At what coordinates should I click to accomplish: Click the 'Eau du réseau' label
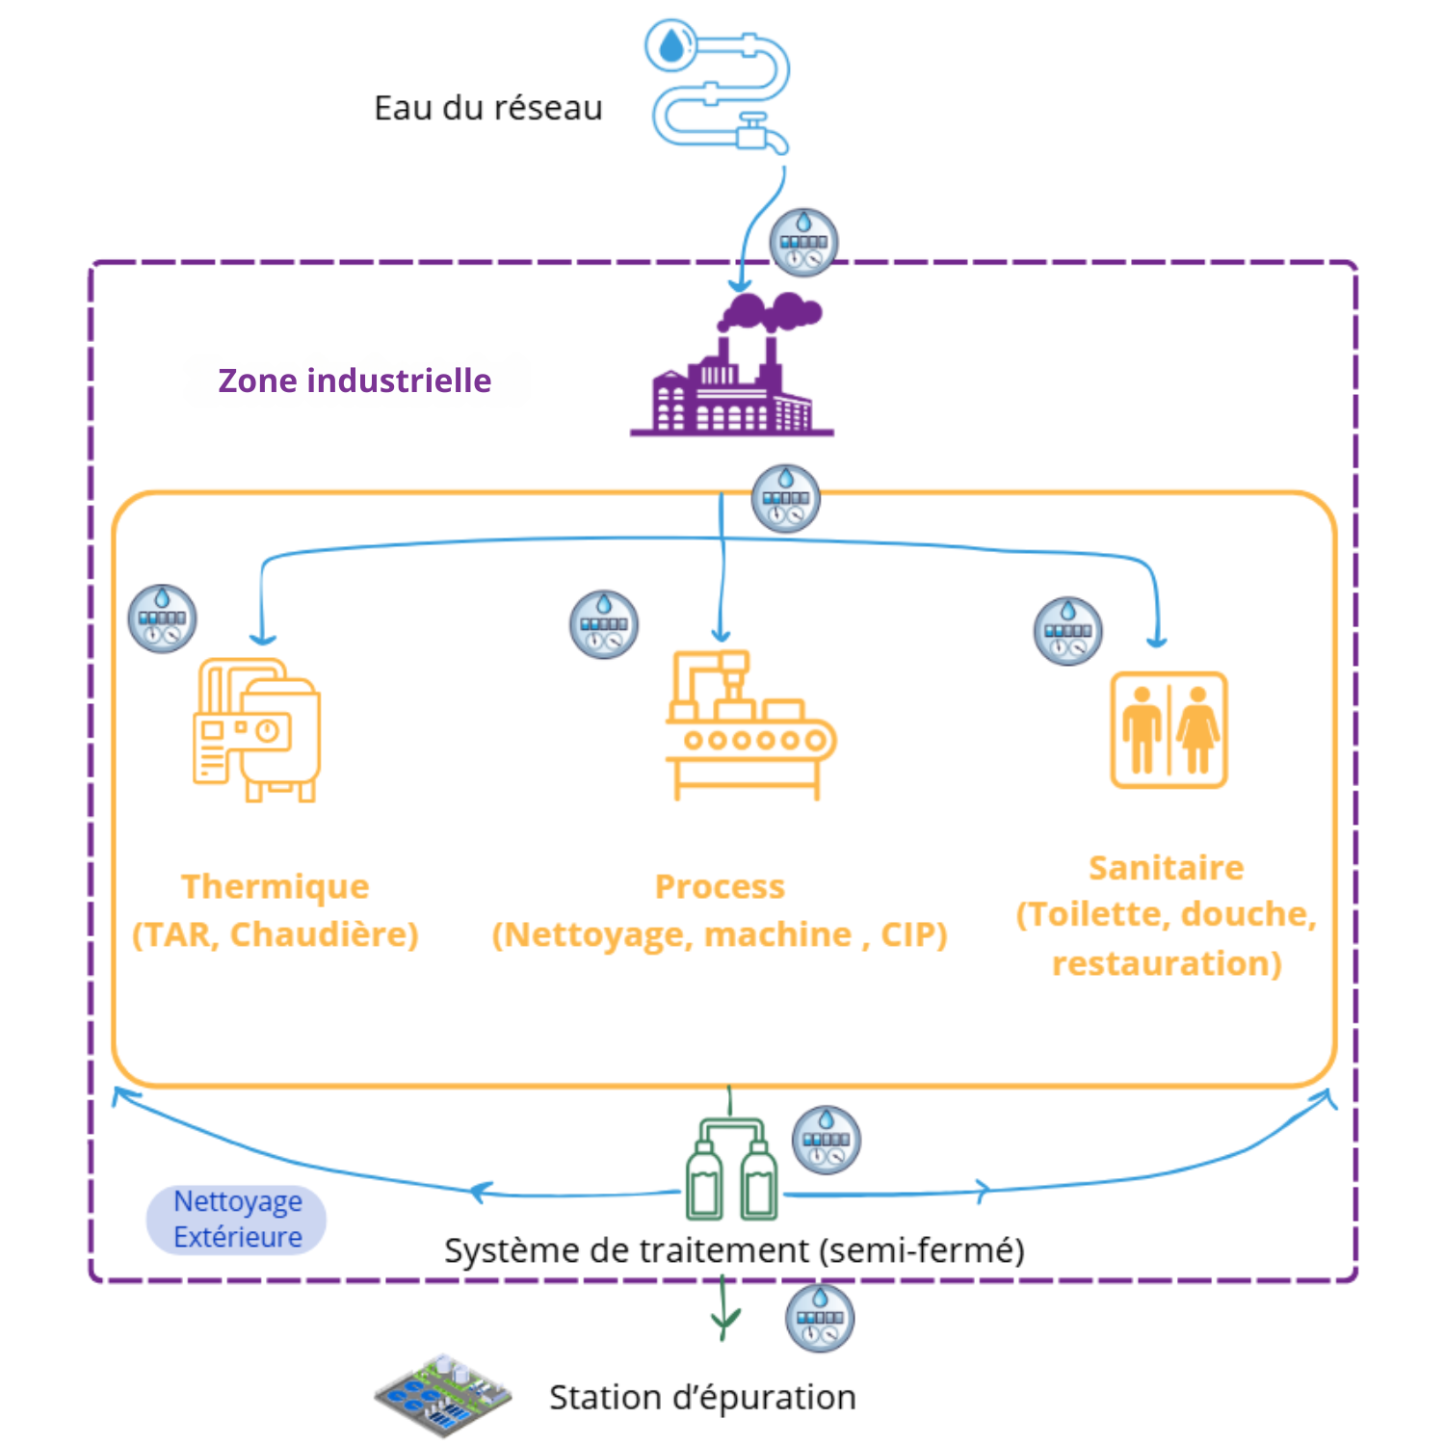click(487, 108)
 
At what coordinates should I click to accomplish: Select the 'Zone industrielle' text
click(355, 381)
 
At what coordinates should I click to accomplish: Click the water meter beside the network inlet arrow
click(803, 242)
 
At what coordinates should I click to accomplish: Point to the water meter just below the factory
click(786, 499)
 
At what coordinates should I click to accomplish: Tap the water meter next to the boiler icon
click(163, 618)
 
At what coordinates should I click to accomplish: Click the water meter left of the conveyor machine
click(604, 624)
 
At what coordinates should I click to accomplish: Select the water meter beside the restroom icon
click(1067, 631)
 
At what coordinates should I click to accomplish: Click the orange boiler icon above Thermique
click(257, 730)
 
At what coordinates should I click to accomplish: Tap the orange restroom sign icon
click(1169, 730)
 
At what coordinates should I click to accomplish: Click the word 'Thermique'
click(276, 886)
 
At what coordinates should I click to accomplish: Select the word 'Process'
click(720, 886)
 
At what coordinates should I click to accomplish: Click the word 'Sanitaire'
click(1166, 868)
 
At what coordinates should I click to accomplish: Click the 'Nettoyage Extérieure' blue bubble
click(237, 1220)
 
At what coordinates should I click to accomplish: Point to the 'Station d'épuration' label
click(702, 1397)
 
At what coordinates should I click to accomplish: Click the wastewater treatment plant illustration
click(442, 1395)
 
